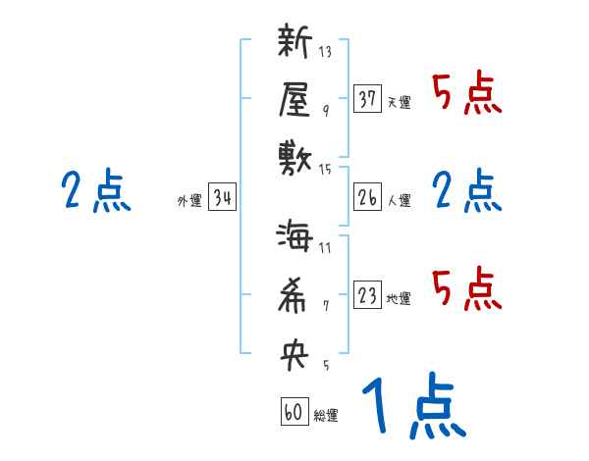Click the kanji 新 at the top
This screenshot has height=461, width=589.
pyautogui.click(x=294, y=44)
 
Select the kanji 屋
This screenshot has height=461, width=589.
pyautogui.click(x=294, y=99)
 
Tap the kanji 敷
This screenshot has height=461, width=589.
pyautogui.click(x=294, y=155)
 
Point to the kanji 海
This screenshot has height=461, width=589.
pyautogui.click(x=294, y=239)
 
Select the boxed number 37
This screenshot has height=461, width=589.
pyautogui.click(x=367, y=99)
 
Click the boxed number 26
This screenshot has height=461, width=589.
pyautogui.click(x=367, y=198)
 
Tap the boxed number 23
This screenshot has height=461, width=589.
pyautogui.click(x=367, y=295)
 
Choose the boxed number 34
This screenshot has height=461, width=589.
pyautogui.click(x=222, y=198)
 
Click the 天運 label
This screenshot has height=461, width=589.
pyautogui.click(x=399, y=103)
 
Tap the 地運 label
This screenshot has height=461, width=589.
pyautogui.click(x=399, y=299)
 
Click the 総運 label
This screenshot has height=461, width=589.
pyautogui.click(x=326, y=416)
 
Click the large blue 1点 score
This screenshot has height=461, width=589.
pyautogui.click(x=411, y=407)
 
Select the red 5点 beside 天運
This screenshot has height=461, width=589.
pyautogui.click(x=466, y=95)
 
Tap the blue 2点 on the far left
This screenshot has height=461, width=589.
pyautogui.click(x=95, y=190)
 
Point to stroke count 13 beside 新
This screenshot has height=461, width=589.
pyautogui.click(x=325, y=52)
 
